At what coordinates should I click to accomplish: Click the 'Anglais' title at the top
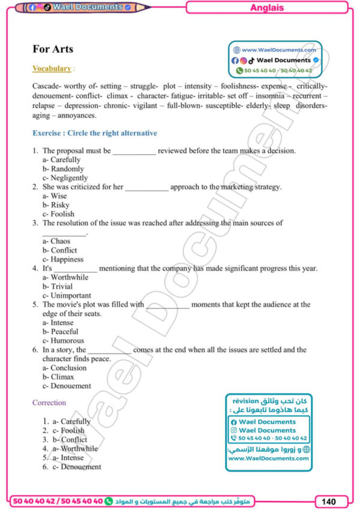[266, 8]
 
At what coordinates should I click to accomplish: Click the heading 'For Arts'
[53, 49]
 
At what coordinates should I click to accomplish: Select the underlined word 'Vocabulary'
[52, 68]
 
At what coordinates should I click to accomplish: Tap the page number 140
[329, 500]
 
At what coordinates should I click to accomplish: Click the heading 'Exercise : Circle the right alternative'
[95, 133]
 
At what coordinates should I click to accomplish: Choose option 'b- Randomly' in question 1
[63, 169]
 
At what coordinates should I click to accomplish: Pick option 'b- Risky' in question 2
[56, 205]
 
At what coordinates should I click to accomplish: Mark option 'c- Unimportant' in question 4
[67, 295]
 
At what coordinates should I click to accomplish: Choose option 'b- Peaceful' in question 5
[60, 331]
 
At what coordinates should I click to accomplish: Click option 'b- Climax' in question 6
[58, 377]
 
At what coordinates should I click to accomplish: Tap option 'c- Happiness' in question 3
[63, 259]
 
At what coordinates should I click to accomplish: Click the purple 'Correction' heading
[49, 403]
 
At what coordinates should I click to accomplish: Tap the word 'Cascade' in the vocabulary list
[46, 86]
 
